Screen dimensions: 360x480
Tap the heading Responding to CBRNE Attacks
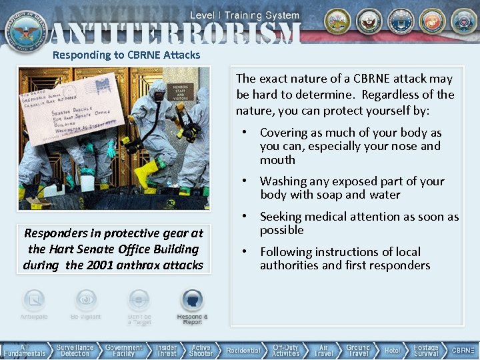(127, 55)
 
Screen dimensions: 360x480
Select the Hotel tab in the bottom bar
(393, 350)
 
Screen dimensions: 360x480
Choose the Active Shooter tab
(201, 350)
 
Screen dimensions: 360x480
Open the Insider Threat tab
(167, 350)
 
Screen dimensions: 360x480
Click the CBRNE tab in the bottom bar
(463, 350)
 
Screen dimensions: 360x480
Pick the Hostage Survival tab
(426, 350)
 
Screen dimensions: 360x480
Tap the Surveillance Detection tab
(75, 350)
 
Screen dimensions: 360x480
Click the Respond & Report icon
(193, 301)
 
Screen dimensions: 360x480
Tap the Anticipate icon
(34, 301)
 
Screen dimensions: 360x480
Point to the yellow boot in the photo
(147, 173)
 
